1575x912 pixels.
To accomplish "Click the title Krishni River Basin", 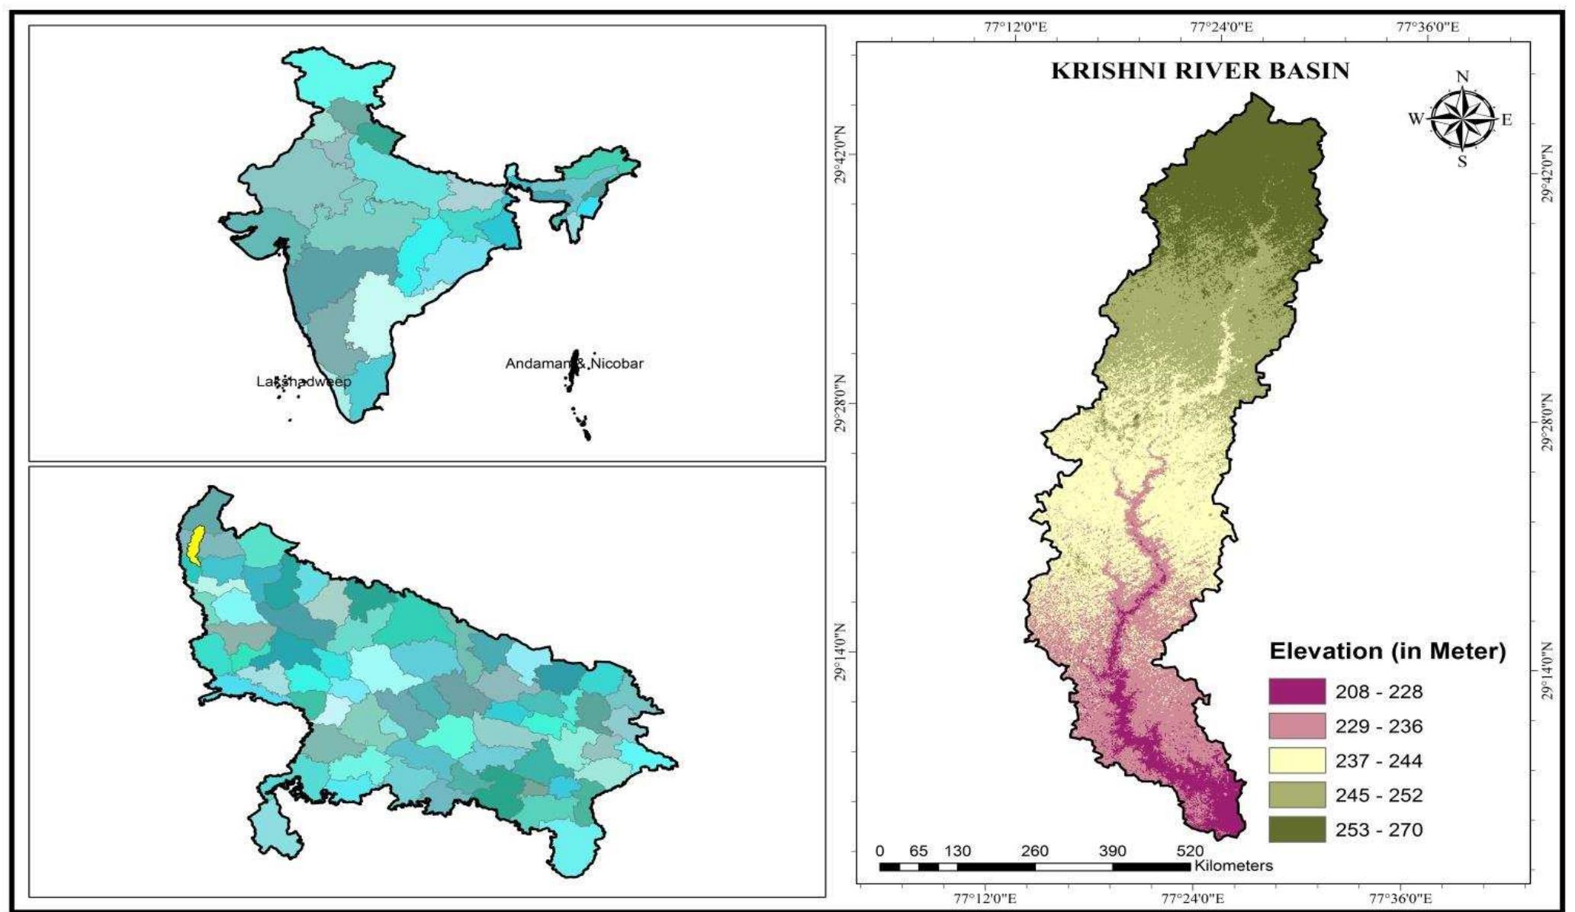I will [x=1200, y=71].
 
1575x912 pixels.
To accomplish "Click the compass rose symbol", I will [x=1461, y=120].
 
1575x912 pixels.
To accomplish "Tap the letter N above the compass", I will [x=1462, y=77].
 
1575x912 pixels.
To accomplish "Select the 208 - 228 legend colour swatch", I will [x=1297, y=692].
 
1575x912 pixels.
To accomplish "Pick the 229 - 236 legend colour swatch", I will [x=1297, y=726].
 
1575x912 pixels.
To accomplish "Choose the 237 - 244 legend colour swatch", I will [x=1297, y=760].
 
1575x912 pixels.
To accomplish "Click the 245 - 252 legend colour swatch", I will [x=1297, y=795].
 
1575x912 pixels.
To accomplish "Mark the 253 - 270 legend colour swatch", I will [x=1297, y=830].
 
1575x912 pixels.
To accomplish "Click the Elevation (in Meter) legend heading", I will [x=1387, y=652].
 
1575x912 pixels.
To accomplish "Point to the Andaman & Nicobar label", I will [x=574, y=364].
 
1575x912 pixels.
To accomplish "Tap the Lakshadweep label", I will [x=304, y=381].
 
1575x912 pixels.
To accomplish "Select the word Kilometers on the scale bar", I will [x=1233, y=865].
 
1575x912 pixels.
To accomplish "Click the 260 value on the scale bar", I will [x=1035, y=851].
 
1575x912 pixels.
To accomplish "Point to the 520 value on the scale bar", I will [x=1190, y=851].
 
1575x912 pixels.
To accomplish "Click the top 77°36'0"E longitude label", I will [x=1428, y=27].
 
